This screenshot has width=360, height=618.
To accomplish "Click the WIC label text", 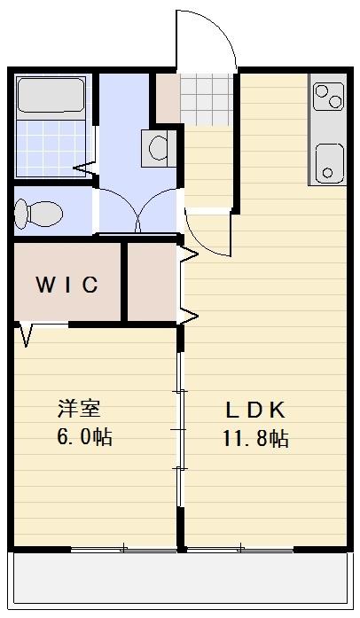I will tap(67, 285).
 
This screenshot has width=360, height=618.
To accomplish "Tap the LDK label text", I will tap(254, 410).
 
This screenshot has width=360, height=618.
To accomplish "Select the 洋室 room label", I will tap(79, 410).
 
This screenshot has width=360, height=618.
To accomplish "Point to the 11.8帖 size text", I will tap(254, 438).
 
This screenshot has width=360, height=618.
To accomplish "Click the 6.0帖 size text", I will tap(85, 438).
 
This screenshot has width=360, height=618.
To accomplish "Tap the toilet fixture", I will tap(38, 213).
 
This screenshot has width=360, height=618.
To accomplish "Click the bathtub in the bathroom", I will tap(51, 96).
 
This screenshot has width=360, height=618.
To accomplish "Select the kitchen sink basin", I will tap(329, 162).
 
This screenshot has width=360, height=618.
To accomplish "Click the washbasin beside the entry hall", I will tap(159, 145).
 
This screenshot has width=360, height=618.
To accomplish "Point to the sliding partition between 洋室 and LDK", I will tap(180, 426).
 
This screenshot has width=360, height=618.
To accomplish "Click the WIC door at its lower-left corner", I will tap(26, 335).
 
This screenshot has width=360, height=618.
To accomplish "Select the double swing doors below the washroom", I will tap(137, 213).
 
